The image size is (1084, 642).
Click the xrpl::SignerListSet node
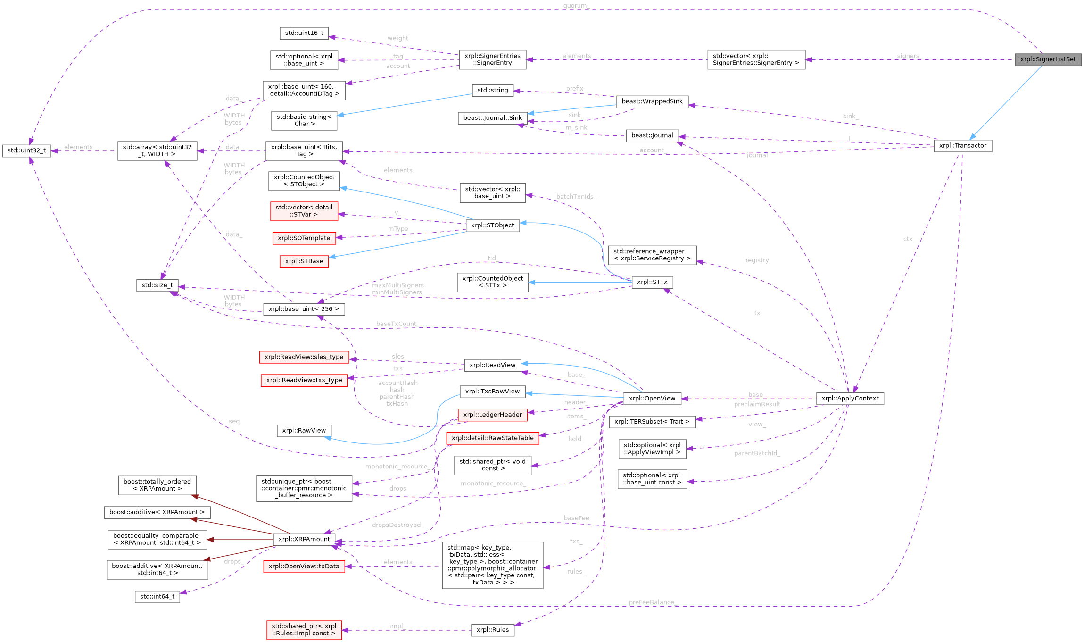pyautogui.click(x=1048, y=59)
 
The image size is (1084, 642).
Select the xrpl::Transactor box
pyautogui.click(x=962, y=146)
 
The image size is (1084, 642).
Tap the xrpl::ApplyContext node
pyautogui.click(x=850, y=399)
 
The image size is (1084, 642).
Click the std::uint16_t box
pyautogui.click(x=304, y=33)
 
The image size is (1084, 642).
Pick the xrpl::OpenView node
pyautogui.click(x=652, y=399)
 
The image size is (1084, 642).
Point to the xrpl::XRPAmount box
pyautogui.click(x=304, y=539)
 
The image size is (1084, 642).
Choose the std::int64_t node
pyautogui.click(x=157, y=597)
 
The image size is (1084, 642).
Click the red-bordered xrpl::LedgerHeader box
pyautogui.click(x=492, y=415)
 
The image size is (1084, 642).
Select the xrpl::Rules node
pyautogui.click(x=492, y=630)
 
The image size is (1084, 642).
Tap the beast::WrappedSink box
pyautogui.click(x=652, y=101)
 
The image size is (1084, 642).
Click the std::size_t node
pyautogui.click(x=157, y=285)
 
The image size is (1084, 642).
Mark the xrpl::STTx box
pyautogui.click(x=652, y=282)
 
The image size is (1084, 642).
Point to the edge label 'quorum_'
pyautogui.click(x=575, y=6)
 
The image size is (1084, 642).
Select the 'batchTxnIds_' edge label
pyautogui.click(x=576, y=197)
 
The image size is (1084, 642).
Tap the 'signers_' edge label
pyautogui.click(x=909, y=56)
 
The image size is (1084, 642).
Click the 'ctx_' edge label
pyautogui.click(x=909, y=239)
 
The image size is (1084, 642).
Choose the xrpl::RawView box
pyautogui.click(x=304, y=431)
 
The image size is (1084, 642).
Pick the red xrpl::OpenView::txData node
pyautogui.click(x=304, y=567)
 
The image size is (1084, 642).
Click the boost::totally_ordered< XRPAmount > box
pyautogui.click(x=157, y=485)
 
